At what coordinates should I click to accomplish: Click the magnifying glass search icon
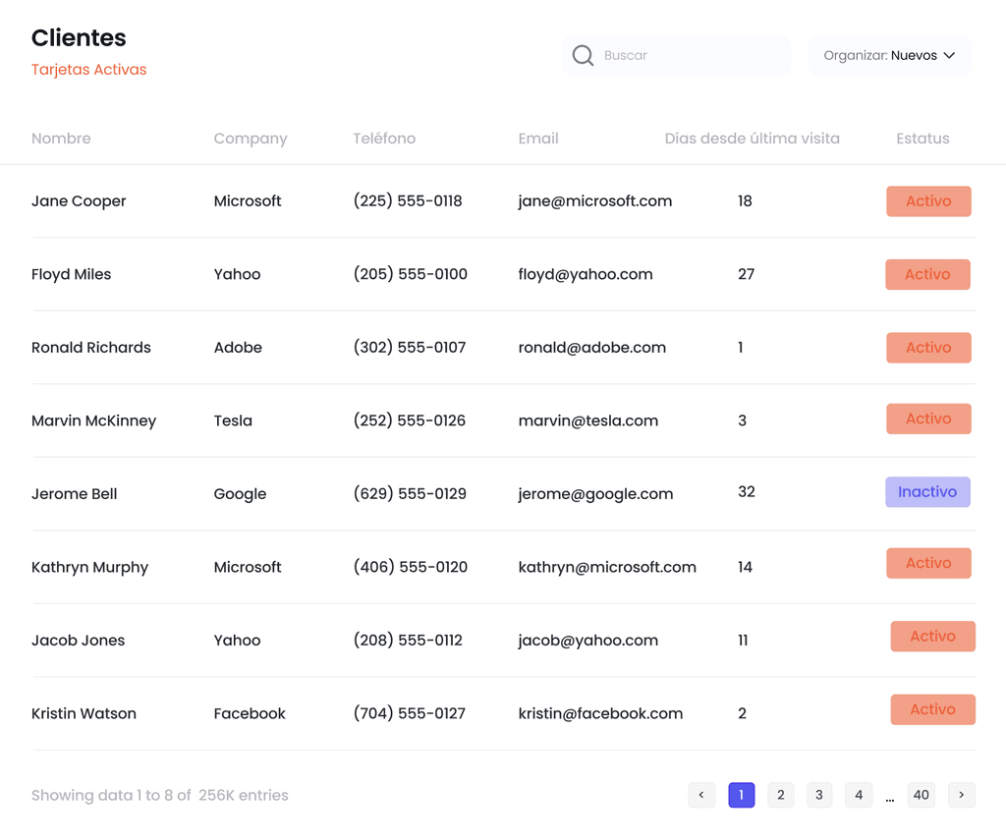[583, 55]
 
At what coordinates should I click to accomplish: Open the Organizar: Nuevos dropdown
[889, 55]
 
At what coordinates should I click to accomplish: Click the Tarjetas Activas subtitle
[89, 70]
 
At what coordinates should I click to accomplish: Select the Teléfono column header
[384, 138]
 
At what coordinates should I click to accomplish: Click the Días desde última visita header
[752, 138]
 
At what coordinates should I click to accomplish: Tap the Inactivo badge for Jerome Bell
[927, 491]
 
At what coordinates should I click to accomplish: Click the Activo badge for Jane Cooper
[928, 200]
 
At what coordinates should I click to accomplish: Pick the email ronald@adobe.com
[592, 347]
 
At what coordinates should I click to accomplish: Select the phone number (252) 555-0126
[410, 420]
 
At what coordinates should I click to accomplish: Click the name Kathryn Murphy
[89, 567]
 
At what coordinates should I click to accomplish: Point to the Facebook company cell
[250, 713]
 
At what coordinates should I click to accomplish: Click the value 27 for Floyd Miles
[747, 274]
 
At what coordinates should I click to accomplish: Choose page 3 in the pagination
[819, 795]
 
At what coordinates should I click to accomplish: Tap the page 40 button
[922, 795]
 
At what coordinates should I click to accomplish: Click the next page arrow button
[962, 795]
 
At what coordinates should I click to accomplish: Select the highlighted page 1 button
[741, 795]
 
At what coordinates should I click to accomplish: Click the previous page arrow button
[701, 795]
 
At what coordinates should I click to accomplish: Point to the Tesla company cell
[233, 420]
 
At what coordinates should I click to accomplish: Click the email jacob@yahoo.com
[588, 641]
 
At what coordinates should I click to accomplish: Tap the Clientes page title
[79, 38]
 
